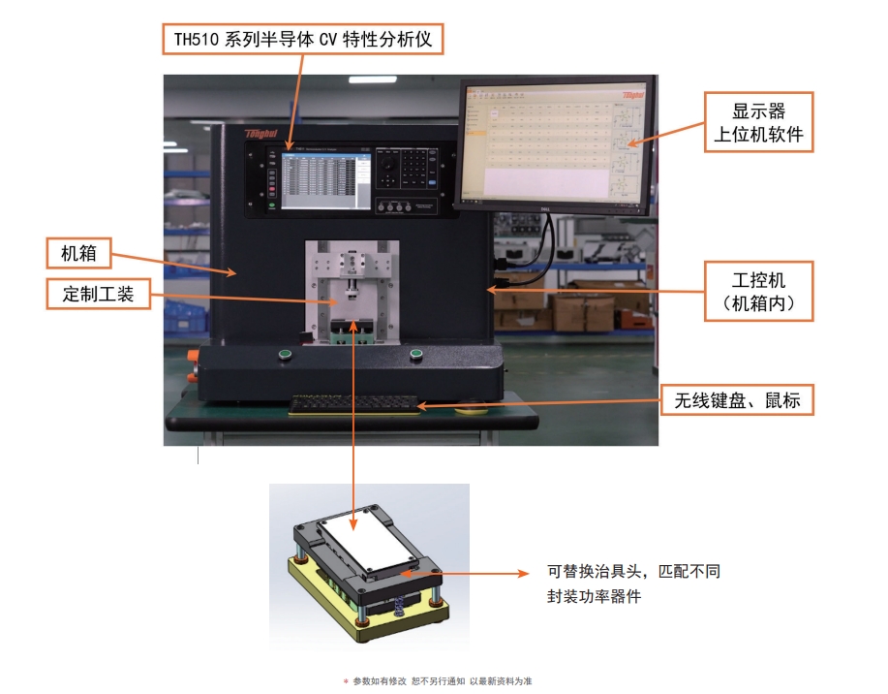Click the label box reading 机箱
77,254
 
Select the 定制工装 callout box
98,295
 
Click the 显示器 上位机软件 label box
758,121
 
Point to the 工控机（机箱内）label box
758,292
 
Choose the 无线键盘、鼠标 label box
737,399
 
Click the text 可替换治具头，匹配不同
633,572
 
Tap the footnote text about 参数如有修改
442,681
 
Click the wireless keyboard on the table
356,401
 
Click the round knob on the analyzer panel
389,170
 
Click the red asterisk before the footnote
346,681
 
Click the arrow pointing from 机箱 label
174,265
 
